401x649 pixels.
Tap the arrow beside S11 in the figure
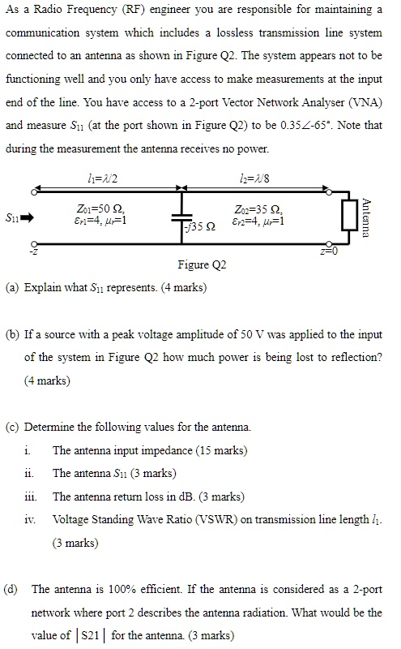click(26, 217)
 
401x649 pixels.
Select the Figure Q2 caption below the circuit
click(202, 265)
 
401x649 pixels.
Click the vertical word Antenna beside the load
click(369, 217)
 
